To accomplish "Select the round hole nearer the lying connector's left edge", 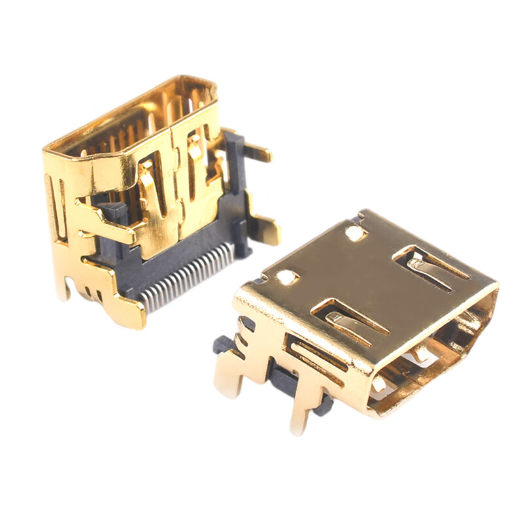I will [287, 278].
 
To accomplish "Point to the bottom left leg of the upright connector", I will [62, 281].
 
